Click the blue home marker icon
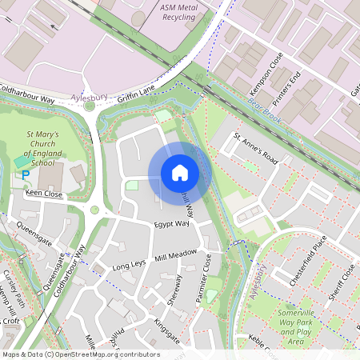(180, 173)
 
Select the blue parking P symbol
(26, 175)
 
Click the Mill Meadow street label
(176, 254)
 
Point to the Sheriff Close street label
(342, 279)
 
